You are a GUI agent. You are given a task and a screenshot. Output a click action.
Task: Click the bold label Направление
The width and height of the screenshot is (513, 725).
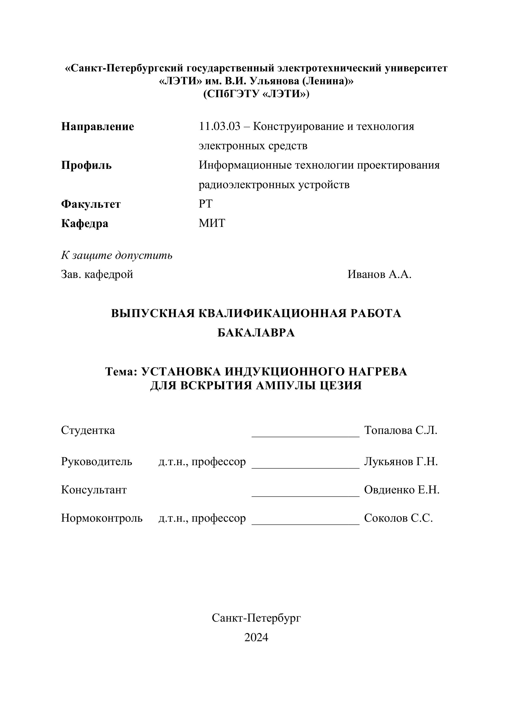(x=97, y=127)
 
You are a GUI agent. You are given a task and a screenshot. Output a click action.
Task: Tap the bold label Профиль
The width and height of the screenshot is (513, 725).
(x=86, y=165)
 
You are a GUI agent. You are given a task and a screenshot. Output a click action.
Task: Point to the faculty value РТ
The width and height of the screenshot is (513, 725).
(x=206, y=204)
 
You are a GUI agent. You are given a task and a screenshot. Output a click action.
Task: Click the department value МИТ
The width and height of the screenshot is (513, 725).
(x=212, y=223)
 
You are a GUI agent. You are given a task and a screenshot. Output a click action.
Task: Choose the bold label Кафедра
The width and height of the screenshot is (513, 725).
(x=85, y=224)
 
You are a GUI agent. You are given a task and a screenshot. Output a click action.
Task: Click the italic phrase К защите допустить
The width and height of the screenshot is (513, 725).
(x=117, y=255)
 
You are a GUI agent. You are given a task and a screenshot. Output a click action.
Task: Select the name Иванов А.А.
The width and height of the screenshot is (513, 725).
(x=379, y=274)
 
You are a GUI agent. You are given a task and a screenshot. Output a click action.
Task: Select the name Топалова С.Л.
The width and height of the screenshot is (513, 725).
(x=401, y=430)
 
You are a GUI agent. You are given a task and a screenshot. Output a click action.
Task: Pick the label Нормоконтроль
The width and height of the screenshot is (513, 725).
(x=102, y=518)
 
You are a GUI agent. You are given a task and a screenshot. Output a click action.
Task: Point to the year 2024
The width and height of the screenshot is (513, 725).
(x=256, y=637)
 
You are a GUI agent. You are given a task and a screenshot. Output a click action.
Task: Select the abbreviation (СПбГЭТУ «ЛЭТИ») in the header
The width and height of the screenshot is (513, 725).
(x=256, y=94)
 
